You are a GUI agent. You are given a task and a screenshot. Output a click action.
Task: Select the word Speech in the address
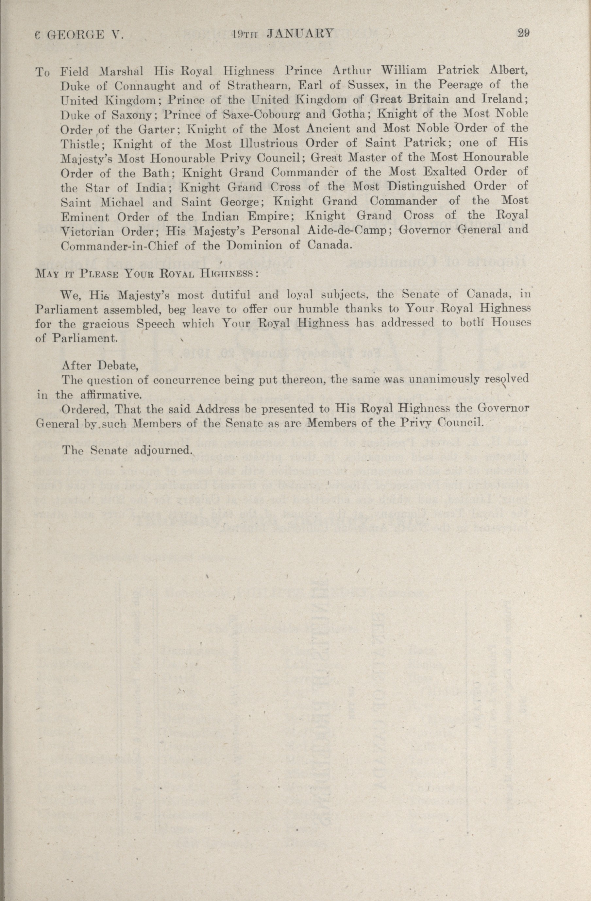point(156,324)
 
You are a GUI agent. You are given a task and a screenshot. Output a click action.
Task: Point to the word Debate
point(118,366)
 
